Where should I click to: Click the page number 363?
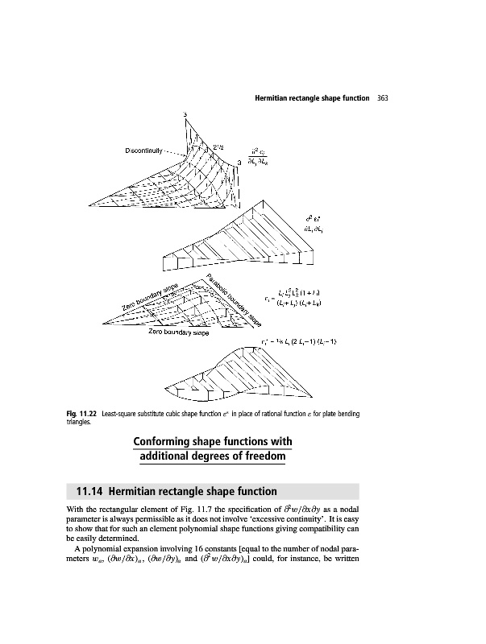tap(383, 98)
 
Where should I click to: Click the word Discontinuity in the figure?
tap(145, 150)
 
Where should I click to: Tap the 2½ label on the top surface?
tap(218, 145)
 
